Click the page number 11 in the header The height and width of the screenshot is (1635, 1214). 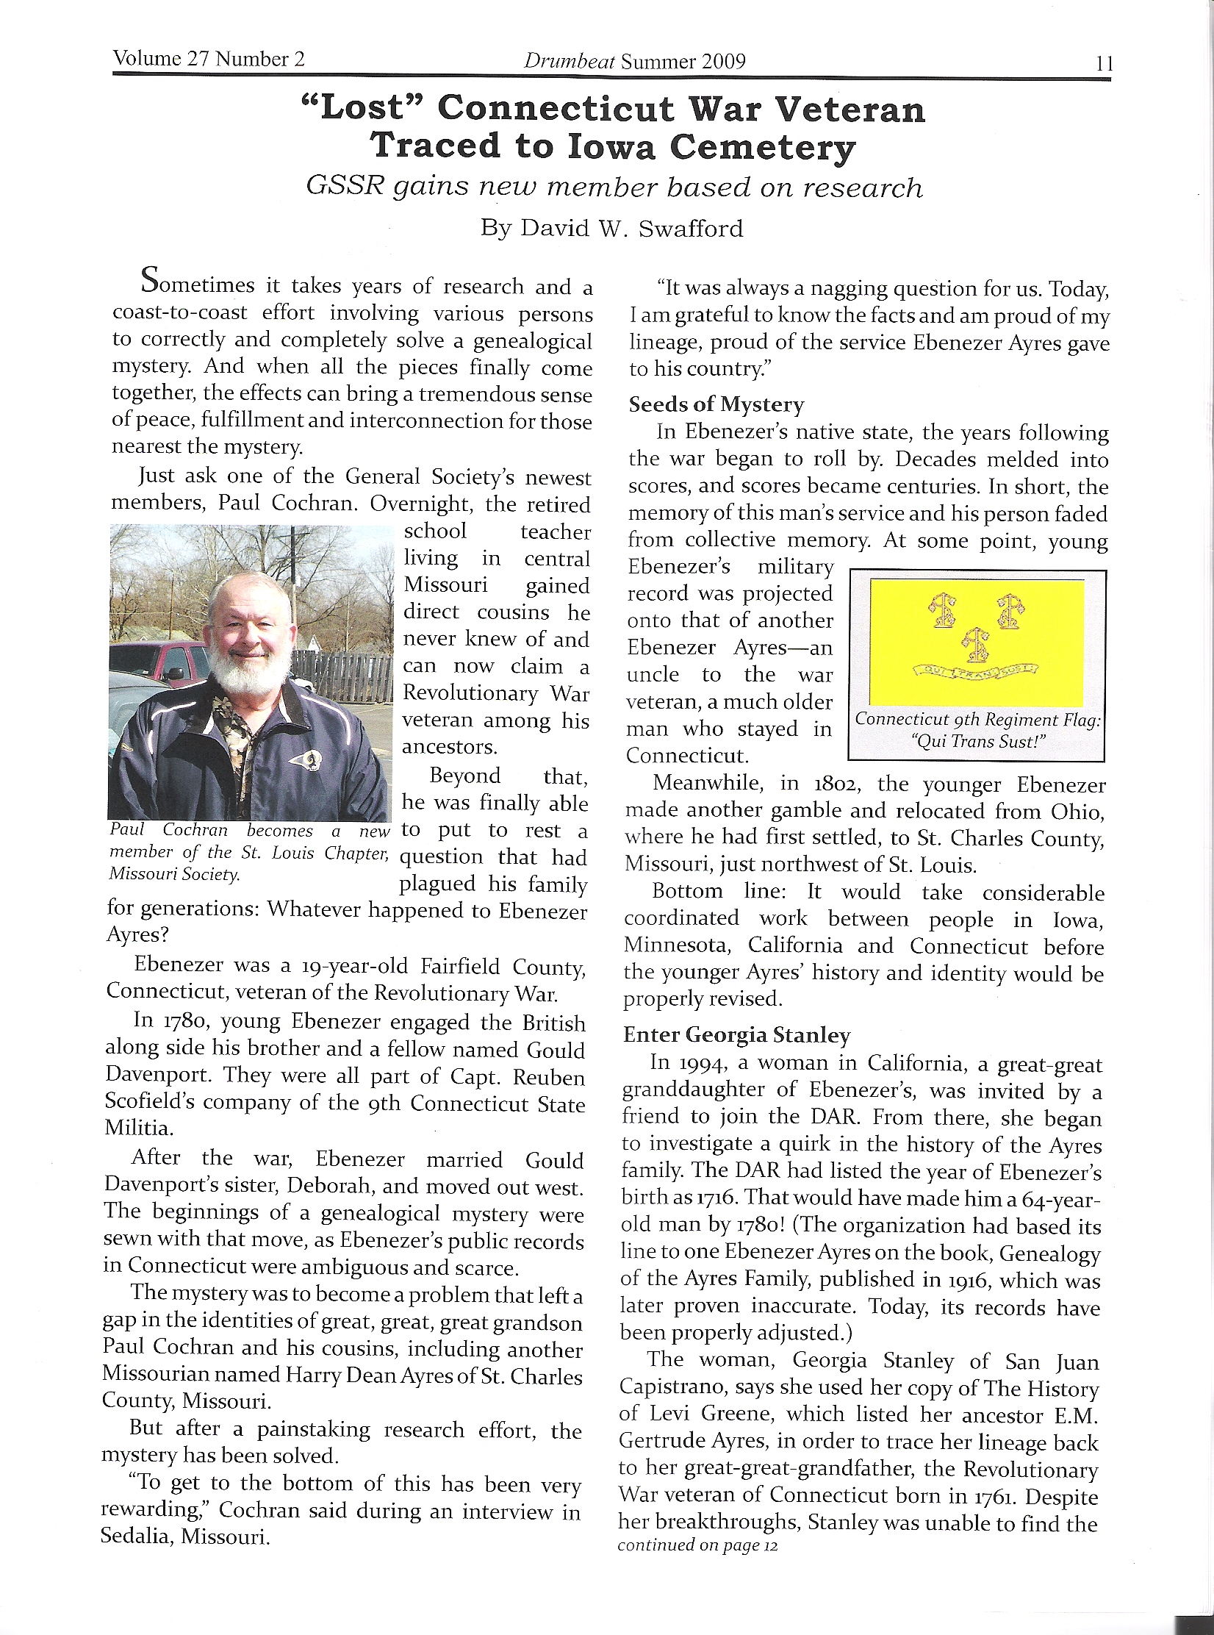(1104, 64)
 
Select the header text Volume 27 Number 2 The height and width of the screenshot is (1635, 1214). (209, 59)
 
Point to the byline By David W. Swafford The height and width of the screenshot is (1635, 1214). (611, 228)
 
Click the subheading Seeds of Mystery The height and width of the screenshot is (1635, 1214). (716, 404)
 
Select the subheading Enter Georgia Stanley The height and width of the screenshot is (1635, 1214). (736, 1035)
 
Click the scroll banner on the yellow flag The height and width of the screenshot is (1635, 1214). (975, 668)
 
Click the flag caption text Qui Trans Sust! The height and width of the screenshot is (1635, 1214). (977, 741)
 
